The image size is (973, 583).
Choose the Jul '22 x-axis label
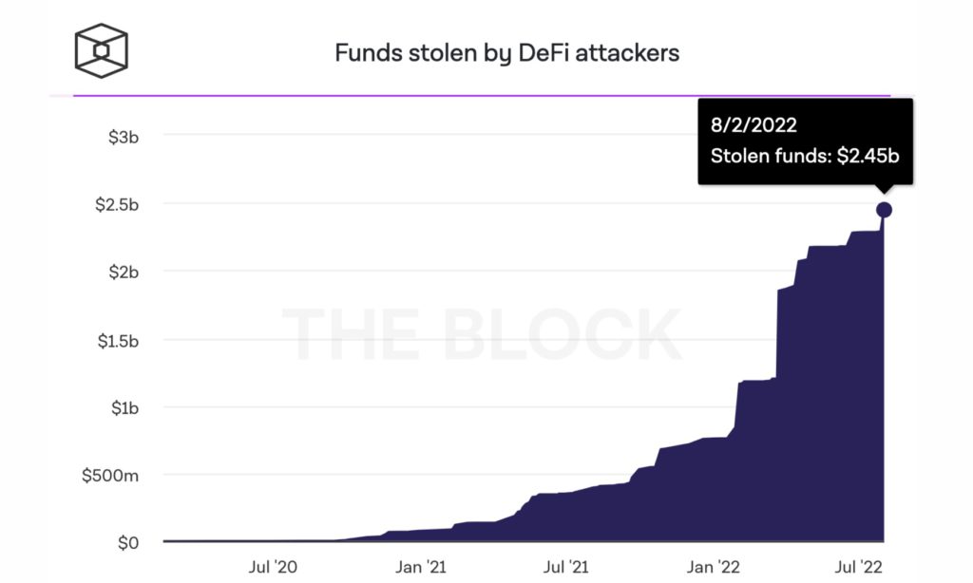[860, 568]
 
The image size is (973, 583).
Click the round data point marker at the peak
[884, 210]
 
